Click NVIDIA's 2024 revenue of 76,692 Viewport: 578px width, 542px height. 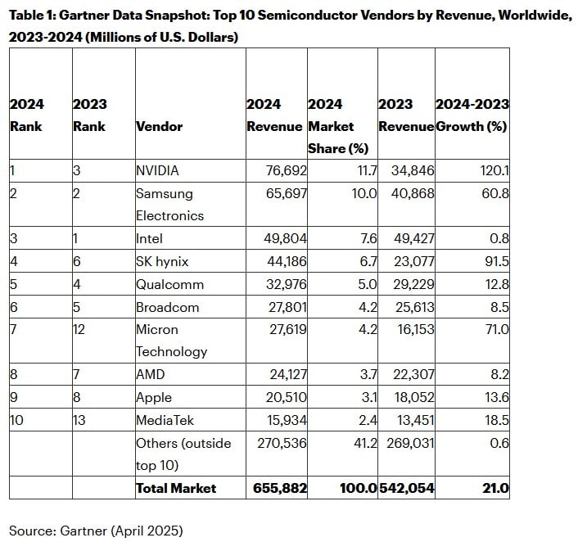pyautogui.click(x=286, y=171)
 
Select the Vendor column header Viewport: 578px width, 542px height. pyautogui.click(x=160, y=126)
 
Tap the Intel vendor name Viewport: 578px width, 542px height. pyautogui.click(x=149, y=238)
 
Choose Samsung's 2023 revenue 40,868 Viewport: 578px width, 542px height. pyautogui.click(x=413, y=193)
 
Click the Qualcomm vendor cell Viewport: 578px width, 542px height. pyautogui.click(x=169, y=284)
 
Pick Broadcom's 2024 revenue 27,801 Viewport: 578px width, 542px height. pyautogui.click(x=287, y=307)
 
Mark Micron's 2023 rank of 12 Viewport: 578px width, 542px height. pyautogui.click(x=79, y=329)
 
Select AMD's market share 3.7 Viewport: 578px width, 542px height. pyautogui.click(x=368, y=374)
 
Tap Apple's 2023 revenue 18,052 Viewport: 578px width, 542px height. pyautogui.click(x=414, y=397)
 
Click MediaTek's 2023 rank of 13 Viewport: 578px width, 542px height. pyautogui.click(x=79, y=420)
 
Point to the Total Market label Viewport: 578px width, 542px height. pyautogui.click(x=176, y=488)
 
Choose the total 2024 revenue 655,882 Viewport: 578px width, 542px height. pyautogui.click(x=280, y=488)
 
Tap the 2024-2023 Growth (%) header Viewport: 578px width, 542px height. pyautogui.click(x=472, y=115)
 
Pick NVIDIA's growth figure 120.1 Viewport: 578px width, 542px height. pyautogui.click(x=494, y=171)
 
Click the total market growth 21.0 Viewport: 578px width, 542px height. pyautogui.click(x=495, y=488)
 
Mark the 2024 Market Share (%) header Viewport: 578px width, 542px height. pyautogui.click(x=338, y=126)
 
